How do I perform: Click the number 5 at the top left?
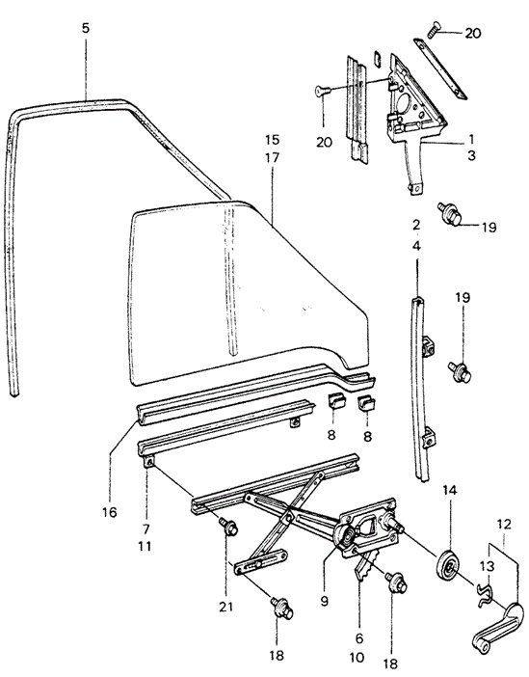(86, 29)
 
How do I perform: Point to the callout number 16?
(110, 512)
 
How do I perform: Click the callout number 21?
(225, 607)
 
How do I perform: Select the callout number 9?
(325, 601)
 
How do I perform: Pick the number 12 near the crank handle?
(504, 525)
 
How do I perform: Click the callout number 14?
(449, 490)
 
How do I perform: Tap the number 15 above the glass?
(273, 140)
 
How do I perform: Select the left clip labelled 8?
(334, 402)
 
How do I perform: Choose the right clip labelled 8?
(367, 404)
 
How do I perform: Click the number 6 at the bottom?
(359, 638)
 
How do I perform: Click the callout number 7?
(145, 528)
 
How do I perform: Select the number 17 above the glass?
(273, 158)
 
